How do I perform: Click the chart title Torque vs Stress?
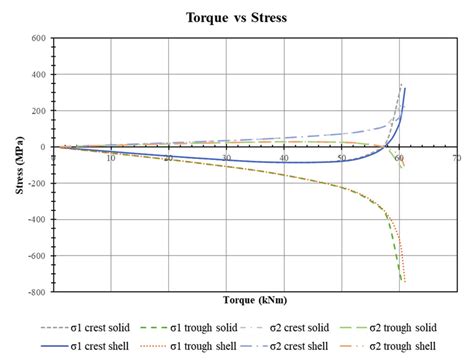[x=237, y=18]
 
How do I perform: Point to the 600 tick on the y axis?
[x=39, y=38]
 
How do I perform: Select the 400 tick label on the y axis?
[x=39, y=75]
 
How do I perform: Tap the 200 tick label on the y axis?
[x=39, y=111]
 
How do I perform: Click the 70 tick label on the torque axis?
[x=456, y=158]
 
